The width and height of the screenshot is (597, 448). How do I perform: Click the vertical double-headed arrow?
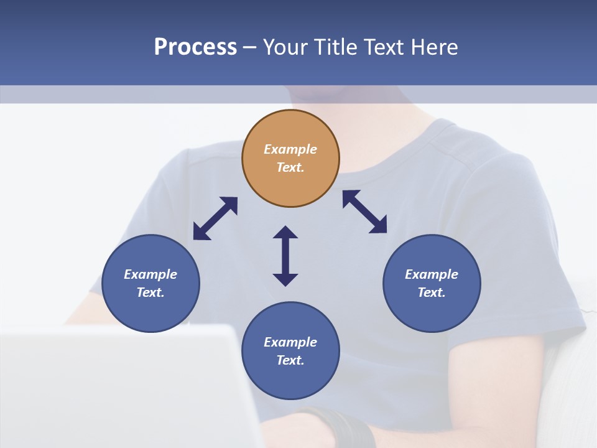point(285,256)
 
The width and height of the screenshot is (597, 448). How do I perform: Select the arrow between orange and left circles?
point(215,218)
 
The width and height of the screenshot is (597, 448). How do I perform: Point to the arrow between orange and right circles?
point(364,212)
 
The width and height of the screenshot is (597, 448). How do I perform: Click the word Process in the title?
point(195,47)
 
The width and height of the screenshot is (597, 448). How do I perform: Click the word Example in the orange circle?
point(290,149)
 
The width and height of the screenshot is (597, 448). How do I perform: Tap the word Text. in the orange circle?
point(290,167)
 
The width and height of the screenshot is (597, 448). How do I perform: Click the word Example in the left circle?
point(150,274)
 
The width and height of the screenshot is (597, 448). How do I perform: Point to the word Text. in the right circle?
point(432,292)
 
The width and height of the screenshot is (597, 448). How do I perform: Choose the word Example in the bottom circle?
point(290,342)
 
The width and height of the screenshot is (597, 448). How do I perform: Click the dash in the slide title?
point(249,47)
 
